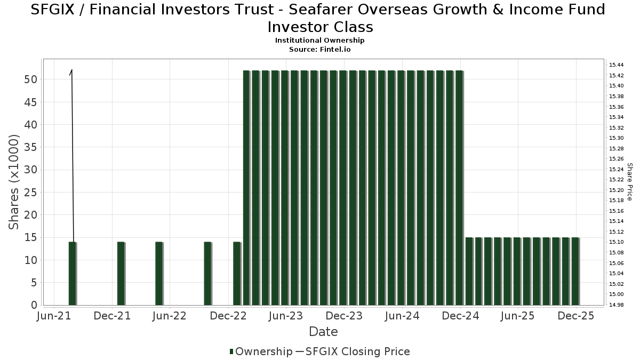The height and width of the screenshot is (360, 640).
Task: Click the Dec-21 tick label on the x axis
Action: pos(112,316)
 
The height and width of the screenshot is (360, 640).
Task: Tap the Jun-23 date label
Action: pos(286,316)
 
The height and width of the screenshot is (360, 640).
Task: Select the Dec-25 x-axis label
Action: pos(575,316)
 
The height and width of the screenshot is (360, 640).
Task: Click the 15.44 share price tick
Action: pos(617,65)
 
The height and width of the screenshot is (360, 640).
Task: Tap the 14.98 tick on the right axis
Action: pos(617,305)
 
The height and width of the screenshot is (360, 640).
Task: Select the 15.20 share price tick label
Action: pos(617,190)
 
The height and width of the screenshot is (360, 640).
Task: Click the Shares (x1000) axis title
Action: pos(14,182)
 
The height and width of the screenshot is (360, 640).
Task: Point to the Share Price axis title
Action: pos(630,182)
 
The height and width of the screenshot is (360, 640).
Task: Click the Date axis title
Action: pos(323,332)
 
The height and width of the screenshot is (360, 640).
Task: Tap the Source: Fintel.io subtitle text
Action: pos(319,50)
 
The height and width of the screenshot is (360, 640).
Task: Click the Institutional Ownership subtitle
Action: pos(319,41)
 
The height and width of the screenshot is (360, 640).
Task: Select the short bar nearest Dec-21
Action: pos(121,274)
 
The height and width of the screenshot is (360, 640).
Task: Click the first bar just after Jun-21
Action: pos(73,274)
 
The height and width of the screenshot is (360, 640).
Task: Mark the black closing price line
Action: pos(72,155)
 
